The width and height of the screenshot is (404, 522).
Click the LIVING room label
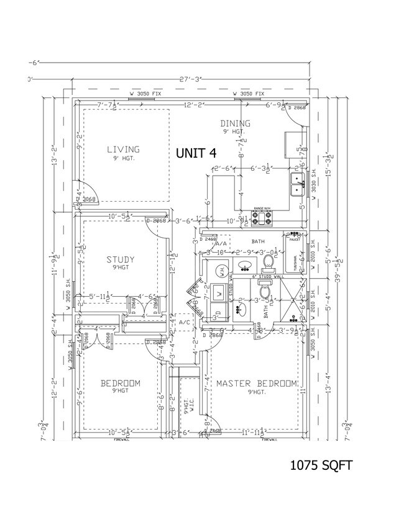pyautogui.click(x=122, y=149)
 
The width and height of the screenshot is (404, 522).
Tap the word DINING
pyautogui.click(x=235, y=124)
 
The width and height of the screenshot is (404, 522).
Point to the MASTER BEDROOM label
pyautogui.click(x=256, y=384)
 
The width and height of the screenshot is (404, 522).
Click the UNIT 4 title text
pyautogui.click(x=196, y=153)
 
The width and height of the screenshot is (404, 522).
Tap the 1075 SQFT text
pyautogui.click(x=321, y=465)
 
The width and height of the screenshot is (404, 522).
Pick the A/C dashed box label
pyautogui.click(x=184, y=323)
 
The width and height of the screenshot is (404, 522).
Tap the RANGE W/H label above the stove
pyautogui.click(x=262, y=209)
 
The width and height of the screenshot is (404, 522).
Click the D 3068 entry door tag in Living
pyautogui.click(x=90, y=200)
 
